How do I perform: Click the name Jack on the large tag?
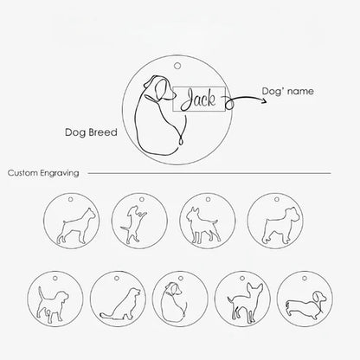pyautogui.click(x=198, y=100)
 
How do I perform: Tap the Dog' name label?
pyautogui.click(x=287, y=91)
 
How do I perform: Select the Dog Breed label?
pyautogui.click(x=91, y=132)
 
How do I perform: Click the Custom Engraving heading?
pyautogui.click(x=43, y=173)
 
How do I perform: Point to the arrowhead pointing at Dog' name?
pyautogui.click(x=264, y=100)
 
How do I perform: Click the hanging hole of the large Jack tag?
pyautogui.click(x=177, y=66)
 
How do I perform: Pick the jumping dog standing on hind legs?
pyautogui.click(x=133, y=224)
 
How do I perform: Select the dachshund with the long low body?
pyautogui.click(x=305, y=305)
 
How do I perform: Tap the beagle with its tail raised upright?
pyautogui.click(x=53, y=305)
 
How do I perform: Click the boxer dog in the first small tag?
pyautogui.click(x=75, y=226)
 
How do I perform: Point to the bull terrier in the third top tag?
pyautogui.click(x=202, y=226)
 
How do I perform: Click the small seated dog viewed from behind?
pyautogui.click(x=174, y=302)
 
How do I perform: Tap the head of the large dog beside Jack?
pyautogui.click(x=160, y=87)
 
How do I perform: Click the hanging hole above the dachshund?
pyautogui.click(x=305, y=279)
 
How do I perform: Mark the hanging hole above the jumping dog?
pyautogui.click(x=142, y=199)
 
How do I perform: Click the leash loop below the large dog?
pyautogui.click(x=181, y=140)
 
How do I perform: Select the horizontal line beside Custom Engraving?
pyautogui.click(x=209, y=173)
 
